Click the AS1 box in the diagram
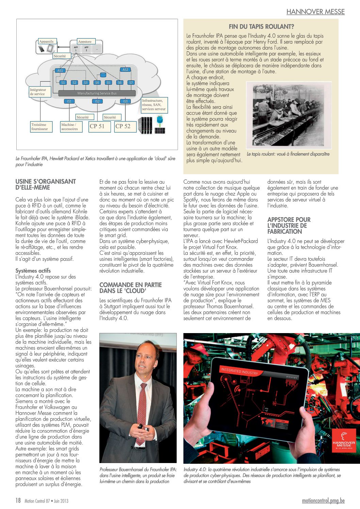[60, 70]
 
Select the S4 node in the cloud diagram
[97, 82]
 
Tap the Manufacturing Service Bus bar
[97, 93]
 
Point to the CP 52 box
[123, 126]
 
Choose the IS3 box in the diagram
[125, 101]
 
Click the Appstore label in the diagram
[85, 42]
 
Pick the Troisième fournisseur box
[40, 127]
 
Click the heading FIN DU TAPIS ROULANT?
[261, 27]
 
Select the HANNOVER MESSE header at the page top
[315, 12]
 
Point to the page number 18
[18, 500]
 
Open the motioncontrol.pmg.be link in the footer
[323, 501]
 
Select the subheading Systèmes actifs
[33, 270]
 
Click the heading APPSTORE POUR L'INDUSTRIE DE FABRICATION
[289, 226]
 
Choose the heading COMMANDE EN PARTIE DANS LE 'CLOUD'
[130, 288]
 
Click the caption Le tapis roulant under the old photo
[288, 154]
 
